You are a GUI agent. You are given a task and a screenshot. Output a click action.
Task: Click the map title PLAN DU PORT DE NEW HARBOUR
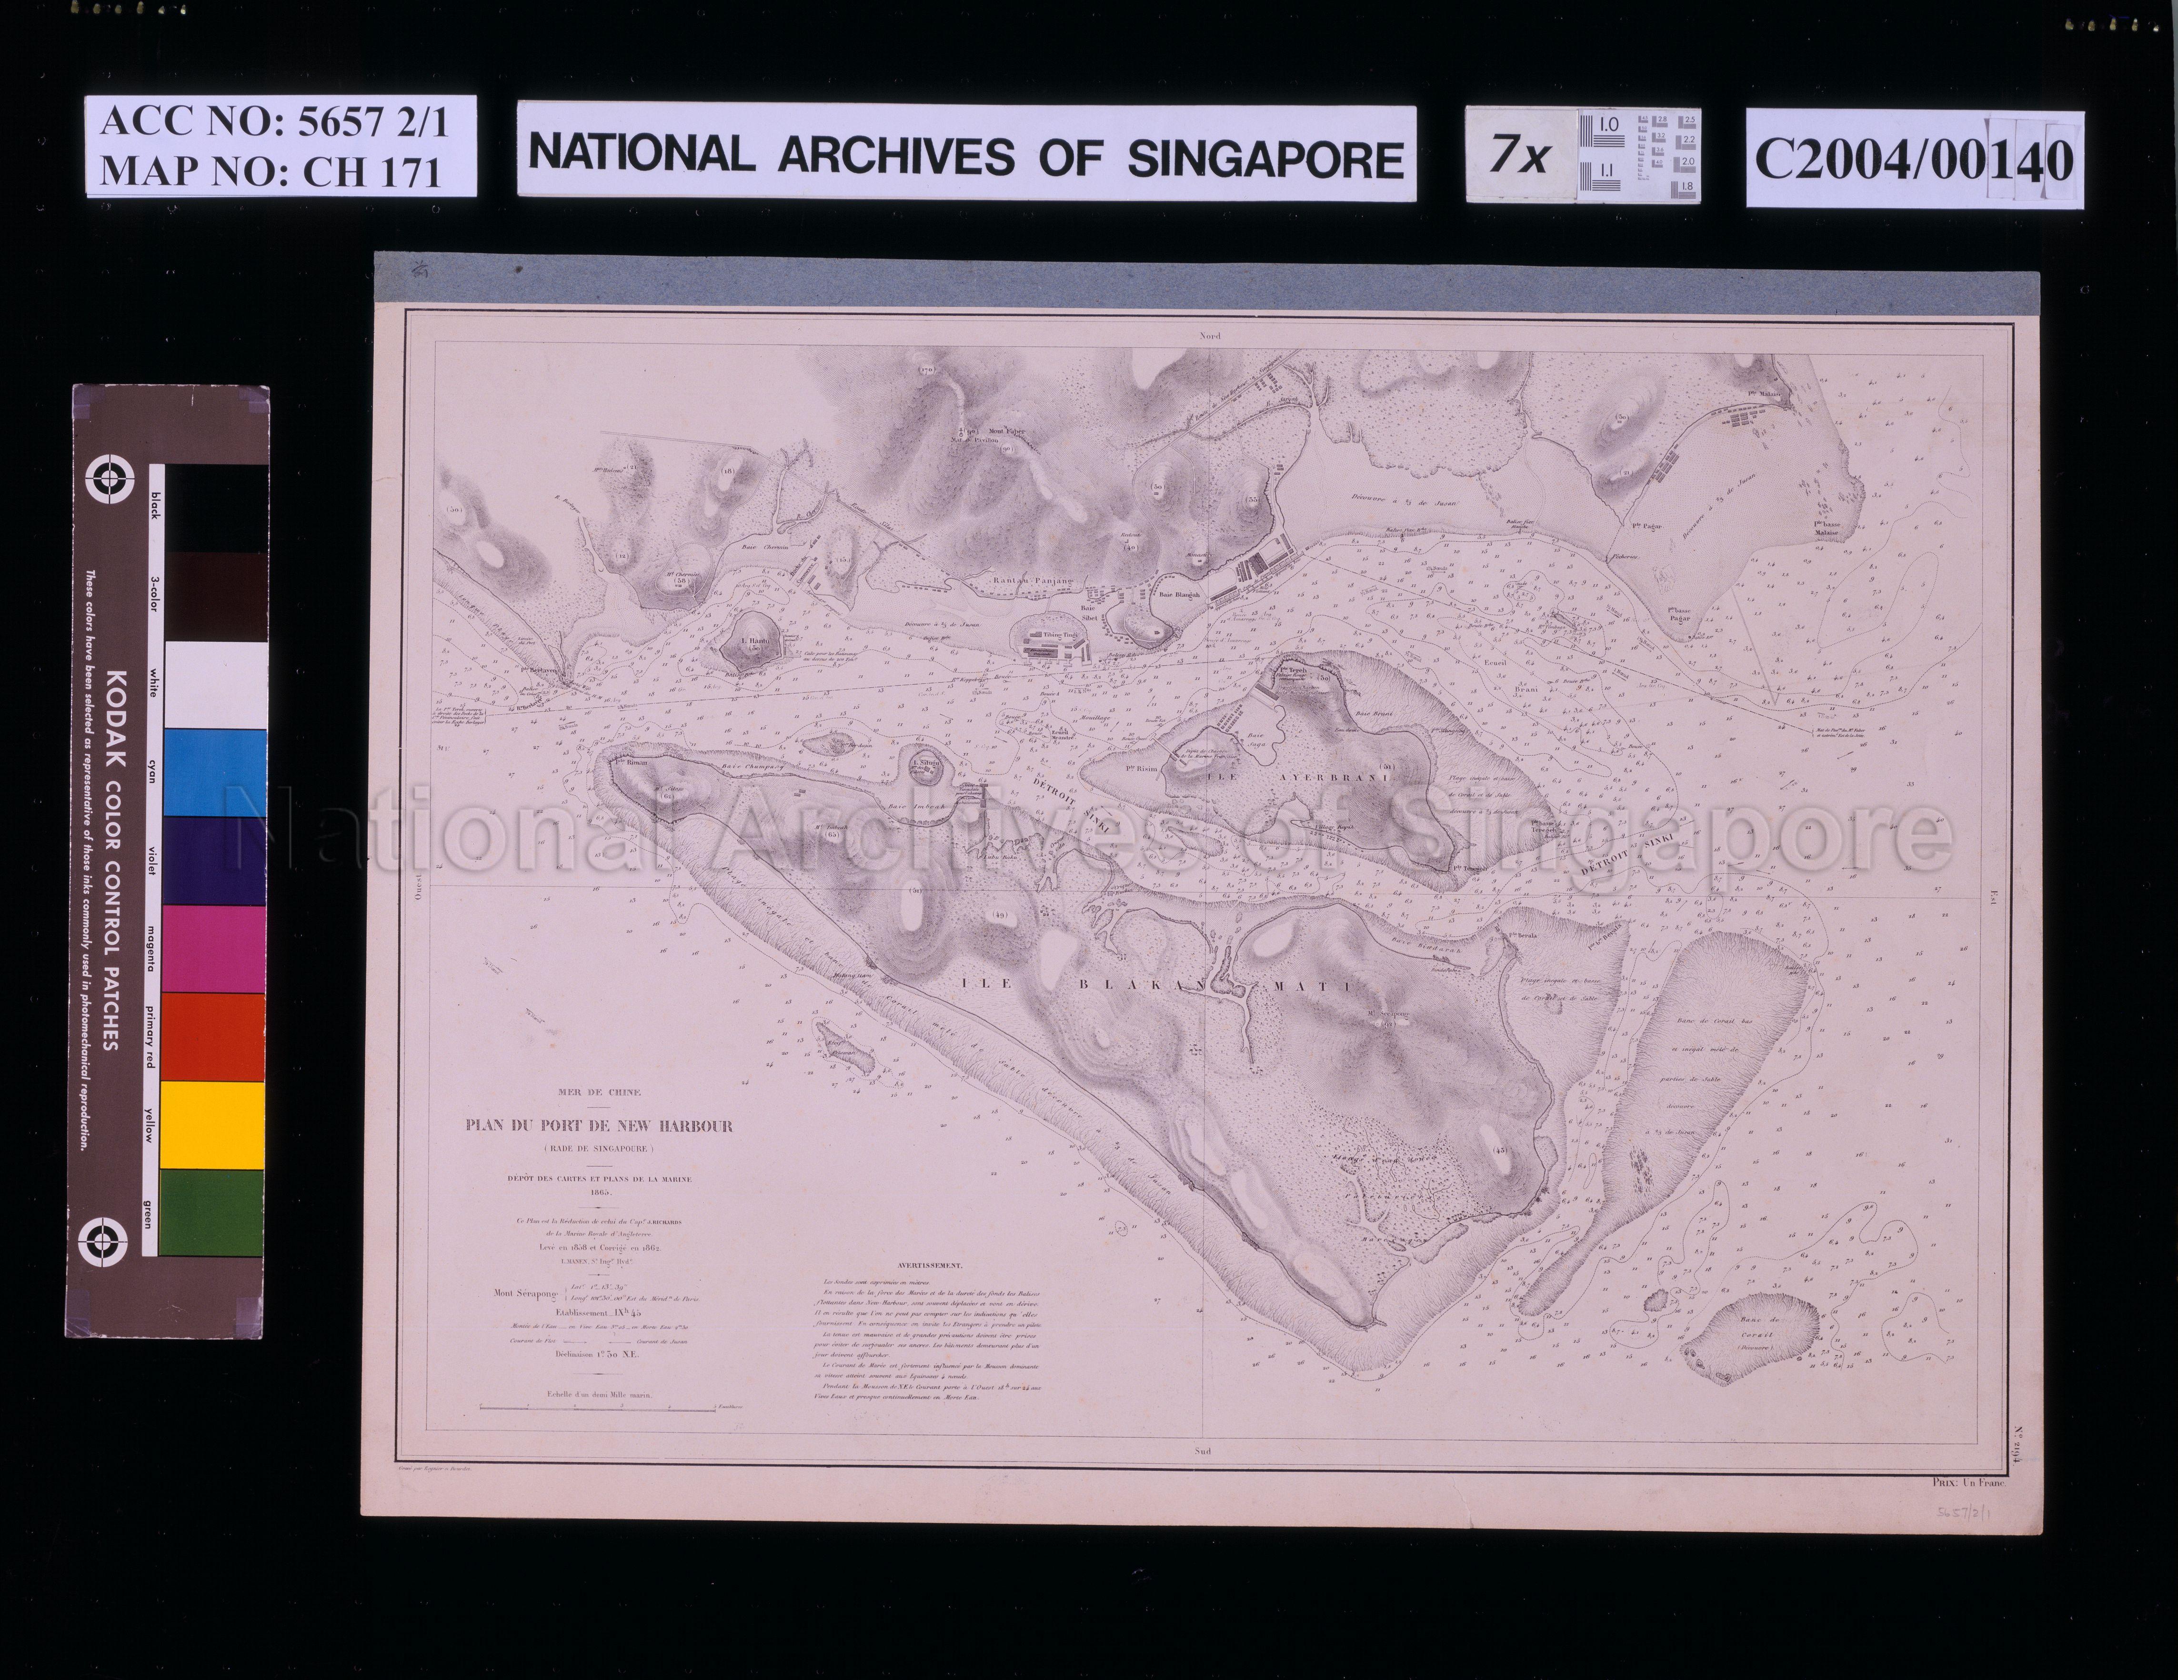598,1127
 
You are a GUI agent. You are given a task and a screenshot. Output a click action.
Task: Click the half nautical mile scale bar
598,1407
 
